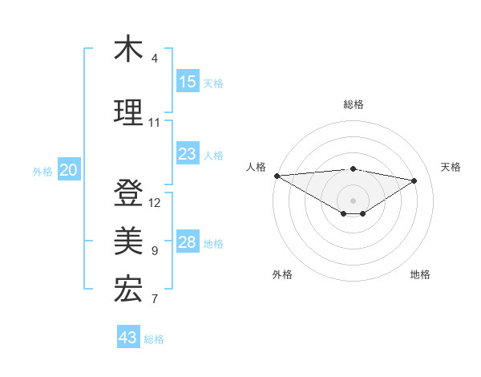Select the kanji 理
[128, 113]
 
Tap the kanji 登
[128, 193]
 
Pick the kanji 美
[128, 241]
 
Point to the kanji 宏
[128, 290]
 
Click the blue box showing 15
[188, 82]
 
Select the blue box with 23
[188, 154]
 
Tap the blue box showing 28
[188, 242]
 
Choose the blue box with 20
[68, 170]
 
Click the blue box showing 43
[127, 338]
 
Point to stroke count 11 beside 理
[154, 123]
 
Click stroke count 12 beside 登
[155, 203]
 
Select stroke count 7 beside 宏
[155, 300]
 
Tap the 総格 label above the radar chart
[353, 104]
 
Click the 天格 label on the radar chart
[451, 167]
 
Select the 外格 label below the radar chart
[282, 274]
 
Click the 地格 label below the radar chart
[420, 274]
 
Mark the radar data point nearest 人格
[277, 176]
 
